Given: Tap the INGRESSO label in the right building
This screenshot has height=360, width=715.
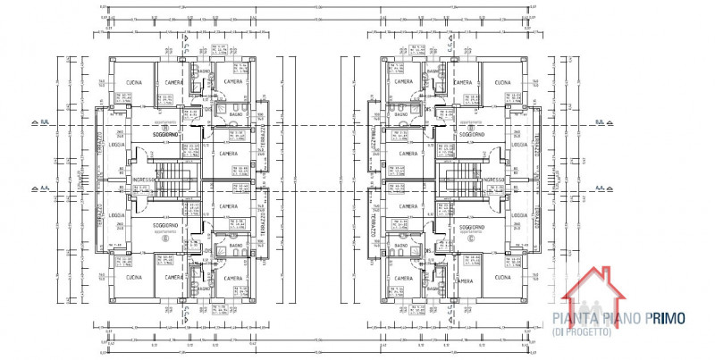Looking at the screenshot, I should click(x=492, y=179).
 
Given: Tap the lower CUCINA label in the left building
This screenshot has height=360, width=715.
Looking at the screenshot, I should click(x=136, y=279).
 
